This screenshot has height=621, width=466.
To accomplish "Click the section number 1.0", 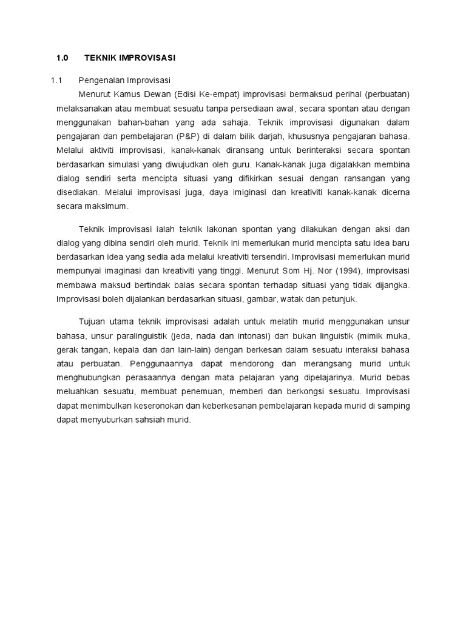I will (62, 58).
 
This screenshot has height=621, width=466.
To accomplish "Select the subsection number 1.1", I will (56, 81).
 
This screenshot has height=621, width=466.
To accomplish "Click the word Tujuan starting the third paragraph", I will (92, 321).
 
